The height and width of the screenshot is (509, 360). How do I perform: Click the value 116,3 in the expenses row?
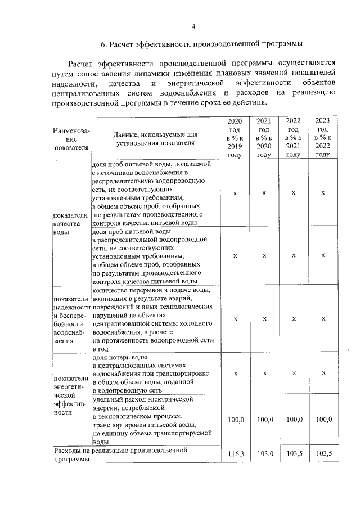pyautogui.click(x=235, y=453)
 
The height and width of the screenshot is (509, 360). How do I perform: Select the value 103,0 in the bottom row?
pyautogui.click(x=264, y=453)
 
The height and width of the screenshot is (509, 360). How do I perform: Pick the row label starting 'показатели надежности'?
pyautogui.click(x=70, y=319)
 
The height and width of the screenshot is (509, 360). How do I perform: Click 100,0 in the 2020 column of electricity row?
pyautogui.click(x=235, y=420)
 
